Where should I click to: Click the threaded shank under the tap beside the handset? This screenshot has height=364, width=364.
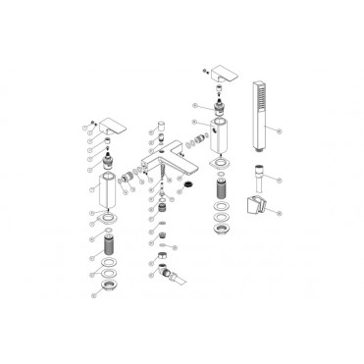pyautogui.click(x=221, y=183)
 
